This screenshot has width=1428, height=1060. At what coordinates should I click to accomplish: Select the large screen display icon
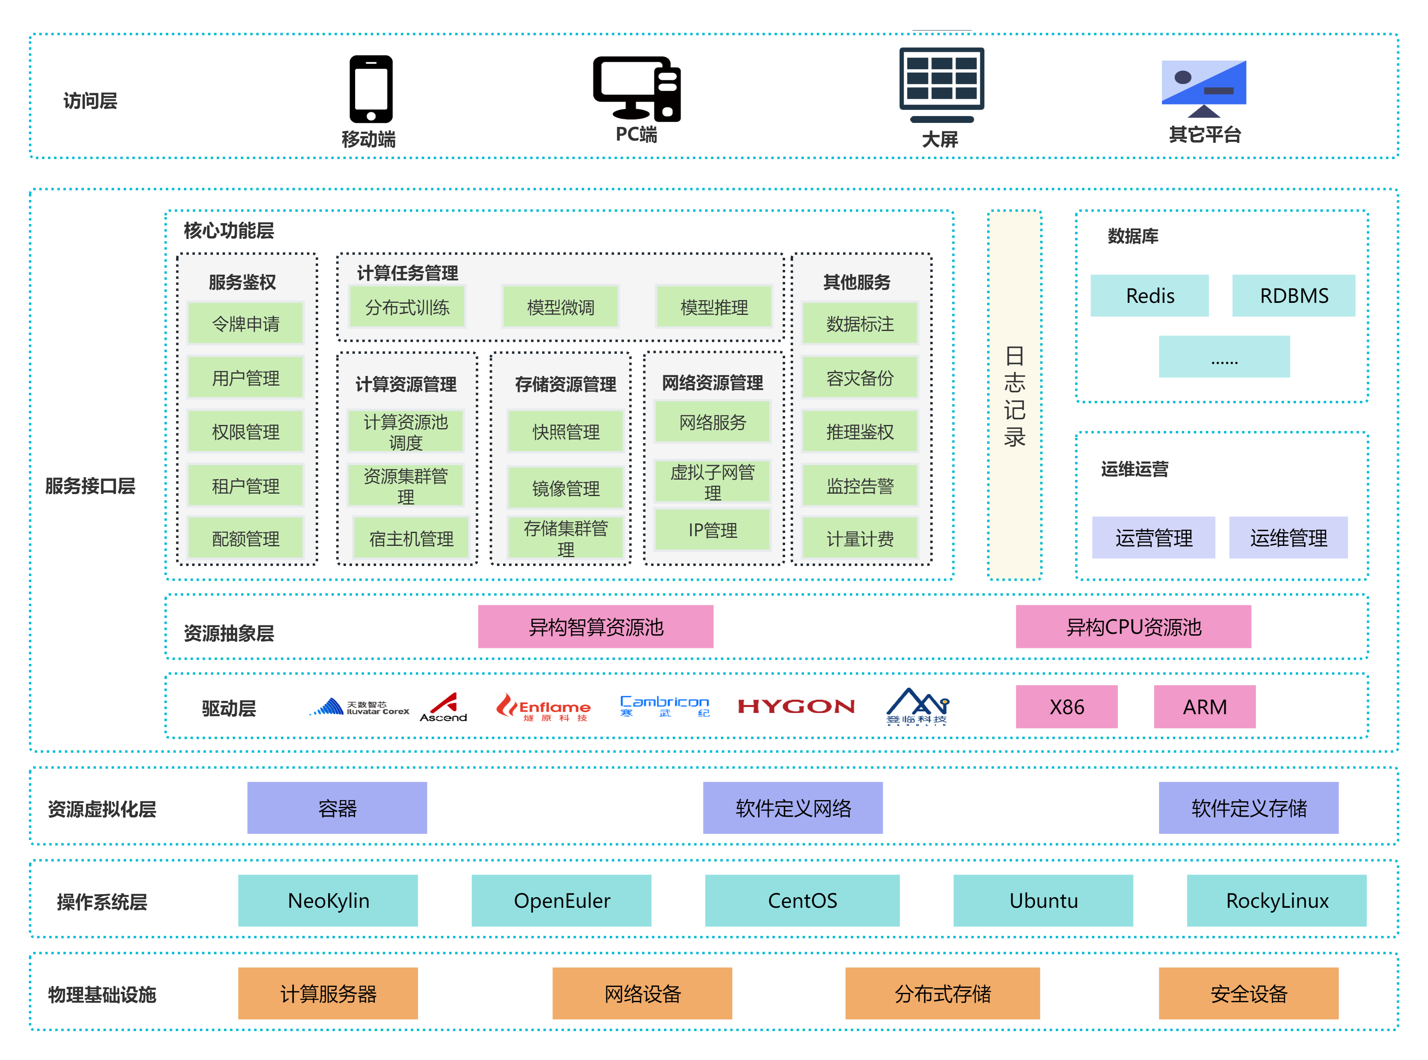941,84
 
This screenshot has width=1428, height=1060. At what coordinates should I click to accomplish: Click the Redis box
1150,296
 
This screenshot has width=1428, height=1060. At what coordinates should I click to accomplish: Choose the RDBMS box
1293,296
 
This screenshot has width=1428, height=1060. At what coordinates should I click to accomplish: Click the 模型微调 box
560,307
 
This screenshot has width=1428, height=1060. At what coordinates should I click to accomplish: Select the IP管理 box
712,530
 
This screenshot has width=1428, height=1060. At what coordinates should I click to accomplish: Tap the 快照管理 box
565,432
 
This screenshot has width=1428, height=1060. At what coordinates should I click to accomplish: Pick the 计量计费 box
860,539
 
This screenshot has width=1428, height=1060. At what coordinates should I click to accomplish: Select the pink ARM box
1205,707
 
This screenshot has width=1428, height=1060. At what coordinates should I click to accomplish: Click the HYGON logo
796,707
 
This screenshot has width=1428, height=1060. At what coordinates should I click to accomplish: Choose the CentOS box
802,900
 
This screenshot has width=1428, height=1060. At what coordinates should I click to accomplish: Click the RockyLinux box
1277,900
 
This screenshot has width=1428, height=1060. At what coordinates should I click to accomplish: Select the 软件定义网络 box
793,808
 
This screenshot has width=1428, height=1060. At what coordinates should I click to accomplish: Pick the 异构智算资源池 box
595,627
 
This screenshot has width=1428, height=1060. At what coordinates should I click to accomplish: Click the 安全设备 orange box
1248,993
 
